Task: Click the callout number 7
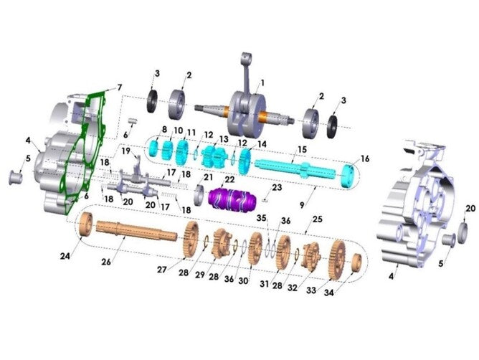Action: click(x=120, y=87)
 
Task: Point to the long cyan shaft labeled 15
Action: click(x=295, y=169)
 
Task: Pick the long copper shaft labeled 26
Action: click(x=136, y=230)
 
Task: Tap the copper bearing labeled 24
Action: click(x=86, y=224)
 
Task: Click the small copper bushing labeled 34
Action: click(x=355, y=263)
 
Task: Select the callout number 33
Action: click(x=311, y=290)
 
